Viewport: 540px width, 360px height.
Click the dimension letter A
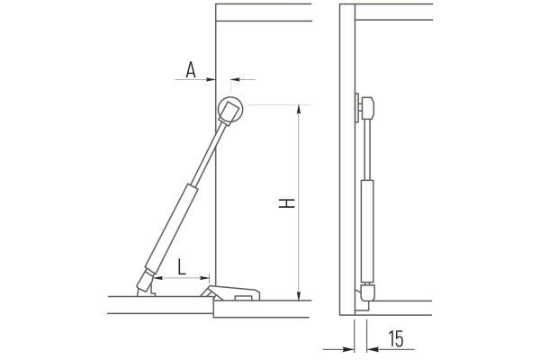(x=191, y=70)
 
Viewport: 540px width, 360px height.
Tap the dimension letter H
(x=286, y=203)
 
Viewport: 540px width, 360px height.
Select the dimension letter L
(x=182, y=266)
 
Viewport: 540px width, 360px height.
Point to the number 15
(x=396, y=339)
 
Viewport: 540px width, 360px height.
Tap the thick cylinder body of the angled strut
(x=171, y=228)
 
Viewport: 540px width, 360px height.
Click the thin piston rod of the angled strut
(x=207, y=155)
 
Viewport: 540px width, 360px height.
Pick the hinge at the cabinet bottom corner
(x=230, y=292)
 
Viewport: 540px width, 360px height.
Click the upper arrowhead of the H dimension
(x=299, y=109)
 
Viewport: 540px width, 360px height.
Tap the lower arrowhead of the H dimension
(x=299, y=295)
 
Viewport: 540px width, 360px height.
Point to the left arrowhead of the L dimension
(x=158, y=278)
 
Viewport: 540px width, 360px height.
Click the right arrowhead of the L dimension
(x=204, y=278)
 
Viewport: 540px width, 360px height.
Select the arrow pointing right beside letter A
(x=195, y=79)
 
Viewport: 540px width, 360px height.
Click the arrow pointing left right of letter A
(x=243, y=79)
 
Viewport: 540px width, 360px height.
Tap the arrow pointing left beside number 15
(x=391, y=349)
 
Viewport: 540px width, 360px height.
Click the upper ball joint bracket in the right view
(x=365, y=107)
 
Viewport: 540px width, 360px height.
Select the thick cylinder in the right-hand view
(x=367, y=230)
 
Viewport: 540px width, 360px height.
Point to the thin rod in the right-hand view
(x=367, y=149)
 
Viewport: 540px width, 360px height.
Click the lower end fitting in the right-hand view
(x=367, y=292)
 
